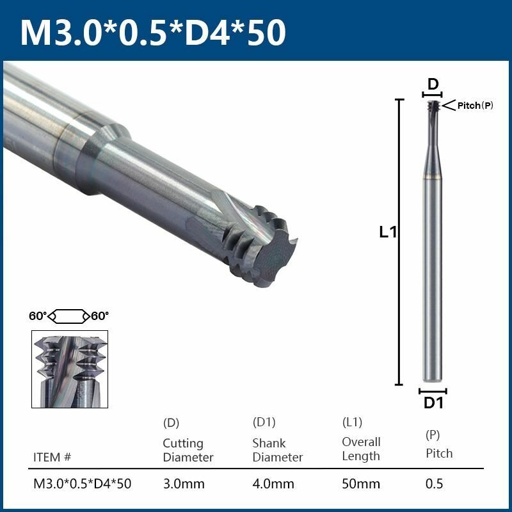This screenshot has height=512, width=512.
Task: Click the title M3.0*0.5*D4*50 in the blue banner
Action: [x=153, y=32]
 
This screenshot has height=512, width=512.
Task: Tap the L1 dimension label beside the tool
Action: [x=388, y=232]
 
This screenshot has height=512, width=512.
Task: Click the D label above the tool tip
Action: [x=433, y=84]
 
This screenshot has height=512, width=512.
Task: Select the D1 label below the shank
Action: [x=434, y=403]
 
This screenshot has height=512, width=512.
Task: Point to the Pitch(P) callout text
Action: [x=476, y=106]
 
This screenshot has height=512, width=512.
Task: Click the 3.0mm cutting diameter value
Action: [x=184, y=484]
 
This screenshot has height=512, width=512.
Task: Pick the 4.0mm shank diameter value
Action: [x=273, y=484]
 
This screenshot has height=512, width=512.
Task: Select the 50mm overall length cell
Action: [x=361, y=484]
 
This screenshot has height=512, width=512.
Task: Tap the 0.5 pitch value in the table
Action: [x=435, y=484]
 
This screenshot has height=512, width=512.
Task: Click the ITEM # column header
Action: [x=52, y=457]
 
